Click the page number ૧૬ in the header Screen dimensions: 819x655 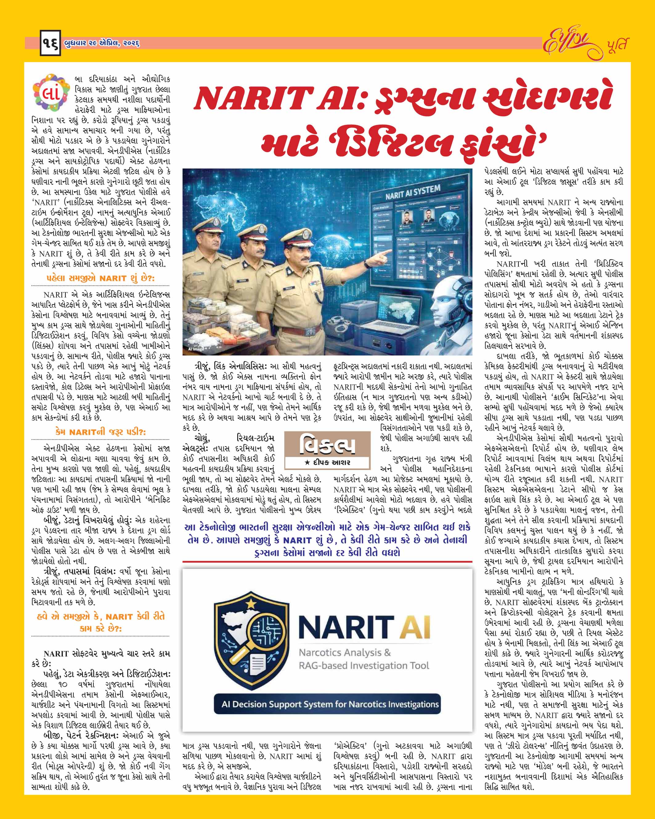pyautogui.click(x=50, y=45)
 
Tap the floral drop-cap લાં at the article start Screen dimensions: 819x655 pyautogui.click(x=52, y=93)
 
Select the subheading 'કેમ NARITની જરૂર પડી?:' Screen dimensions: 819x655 pyautogui.click(x=100, y=432)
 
